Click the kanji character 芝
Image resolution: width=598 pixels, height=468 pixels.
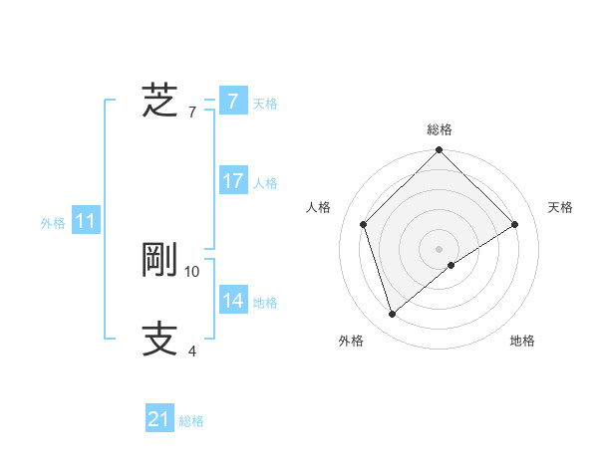click(160, 101)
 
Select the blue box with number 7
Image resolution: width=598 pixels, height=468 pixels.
click(232, 102)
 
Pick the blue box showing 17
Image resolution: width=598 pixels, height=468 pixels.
click(232, 181)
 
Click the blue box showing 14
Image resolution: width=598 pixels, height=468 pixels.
click(232, 301)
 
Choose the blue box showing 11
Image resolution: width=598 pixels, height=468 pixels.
click(85, 222)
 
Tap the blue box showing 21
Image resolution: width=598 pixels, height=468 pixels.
click(159, 420)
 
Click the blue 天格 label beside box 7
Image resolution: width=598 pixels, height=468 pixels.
click(265, 104)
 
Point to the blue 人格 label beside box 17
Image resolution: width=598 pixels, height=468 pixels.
click(265, 183)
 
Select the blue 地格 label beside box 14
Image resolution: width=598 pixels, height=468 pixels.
click(265, 303)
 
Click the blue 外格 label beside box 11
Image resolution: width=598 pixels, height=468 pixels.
click(53, 224)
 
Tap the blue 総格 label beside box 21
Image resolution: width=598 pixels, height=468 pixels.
click(191, 422)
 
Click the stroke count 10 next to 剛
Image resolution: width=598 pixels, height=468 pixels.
click(192, 271)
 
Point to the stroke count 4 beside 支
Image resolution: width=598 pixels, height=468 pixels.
click(191, 351)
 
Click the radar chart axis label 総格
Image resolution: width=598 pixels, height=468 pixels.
click(440, 129)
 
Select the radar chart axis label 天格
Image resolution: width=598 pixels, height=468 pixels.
click(561, 207)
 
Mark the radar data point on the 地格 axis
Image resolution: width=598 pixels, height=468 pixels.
click(451, 265)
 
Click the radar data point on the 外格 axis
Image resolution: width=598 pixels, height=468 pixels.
click(392, 315)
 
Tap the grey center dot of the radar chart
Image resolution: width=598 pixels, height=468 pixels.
click(440, 248)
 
